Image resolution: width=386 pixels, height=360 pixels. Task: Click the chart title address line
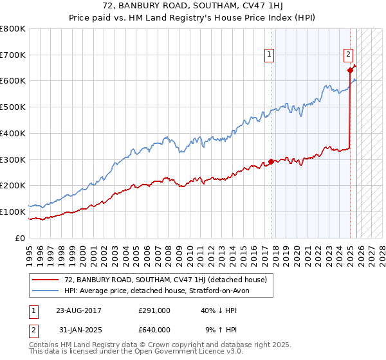pos(193,6)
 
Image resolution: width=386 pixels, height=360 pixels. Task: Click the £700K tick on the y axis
pos(13,55)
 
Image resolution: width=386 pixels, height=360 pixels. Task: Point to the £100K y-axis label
pos(13,212)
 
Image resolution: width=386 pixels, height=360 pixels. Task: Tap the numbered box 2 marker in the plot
pos(348,55)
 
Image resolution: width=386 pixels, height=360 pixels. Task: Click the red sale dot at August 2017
pos(271,161)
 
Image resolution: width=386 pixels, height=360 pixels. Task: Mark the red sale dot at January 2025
pos(350,70)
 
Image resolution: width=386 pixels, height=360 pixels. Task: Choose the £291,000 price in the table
pos(155,310)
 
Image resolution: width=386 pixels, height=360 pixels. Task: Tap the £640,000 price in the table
pos(155,330)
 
